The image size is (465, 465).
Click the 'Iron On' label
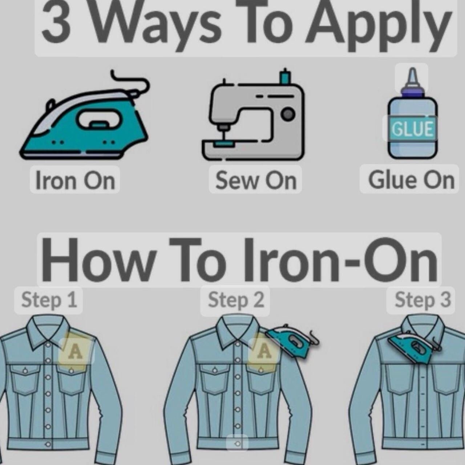click(75, 180)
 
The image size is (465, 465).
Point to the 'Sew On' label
click(255, 180)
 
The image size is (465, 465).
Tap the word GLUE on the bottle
click(412, 129)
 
